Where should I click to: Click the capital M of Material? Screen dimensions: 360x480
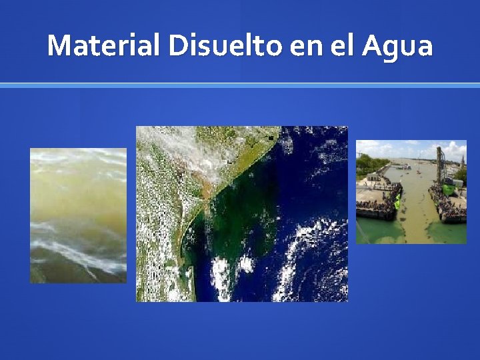(59, 46)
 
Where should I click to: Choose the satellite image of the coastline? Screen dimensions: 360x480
(242, 213)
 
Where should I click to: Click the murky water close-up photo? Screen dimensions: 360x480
(78, 215)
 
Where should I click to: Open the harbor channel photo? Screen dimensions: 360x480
(411, 192)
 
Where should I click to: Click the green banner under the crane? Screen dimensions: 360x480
(448, 190)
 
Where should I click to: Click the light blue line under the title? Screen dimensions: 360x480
(240, 85)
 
